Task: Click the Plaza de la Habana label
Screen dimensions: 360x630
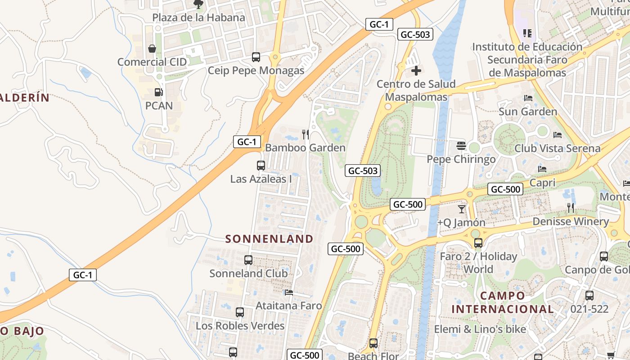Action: point(198,18)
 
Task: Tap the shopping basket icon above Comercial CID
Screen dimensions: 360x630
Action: point(152,49)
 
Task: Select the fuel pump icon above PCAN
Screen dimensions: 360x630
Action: point(158,92)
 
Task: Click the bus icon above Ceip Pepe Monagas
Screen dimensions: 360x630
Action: point(256,57)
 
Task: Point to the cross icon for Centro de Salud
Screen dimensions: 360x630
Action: point(416,71)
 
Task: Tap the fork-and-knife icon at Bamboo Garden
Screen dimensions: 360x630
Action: point(306,134)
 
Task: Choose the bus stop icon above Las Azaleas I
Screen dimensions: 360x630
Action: point(261,166)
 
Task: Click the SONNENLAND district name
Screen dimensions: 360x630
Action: point(269,238)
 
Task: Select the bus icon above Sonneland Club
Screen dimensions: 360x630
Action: point(248,260)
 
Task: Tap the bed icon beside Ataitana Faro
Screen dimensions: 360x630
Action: point(289,292)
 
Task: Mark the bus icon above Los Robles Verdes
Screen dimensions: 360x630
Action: point(240,312)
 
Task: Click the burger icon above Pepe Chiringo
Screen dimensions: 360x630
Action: point(461,146)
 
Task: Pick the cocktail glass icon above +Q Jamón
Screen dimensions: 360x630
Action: point(461,209)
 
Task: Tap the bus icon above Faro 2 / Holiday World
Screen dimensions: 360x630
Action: point(478,243)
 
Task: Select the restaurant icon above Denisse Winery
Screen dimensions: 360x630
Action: point(571,208)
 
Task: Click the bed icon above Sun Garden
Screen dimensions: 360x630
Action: point(528,98)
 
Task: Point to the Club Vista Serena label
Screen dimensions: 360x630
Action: point(557,148)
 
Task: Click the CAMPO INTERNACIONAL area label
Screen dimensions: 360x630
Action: point(502,302)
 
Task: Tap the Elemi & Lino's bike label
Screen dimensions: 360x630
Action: point(480,329)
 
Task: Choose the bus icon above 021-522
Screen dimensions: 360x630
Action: point(589,296)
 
